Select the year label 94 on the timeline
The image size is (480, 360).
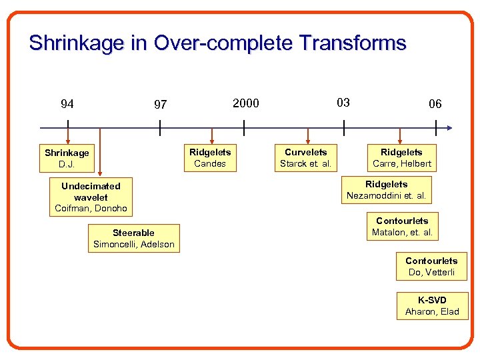point(67,103)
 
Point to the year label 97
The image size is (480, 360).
point(160,105)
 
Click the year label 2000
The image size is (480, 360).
point(245,103)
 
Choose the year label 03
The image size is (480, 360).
point(343,102)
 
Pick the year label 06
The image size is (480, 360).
point(435,104)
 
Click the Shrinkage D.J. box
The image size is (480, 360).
point(67,158)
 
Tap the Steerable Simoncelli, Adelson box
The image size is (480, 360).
point(133,239)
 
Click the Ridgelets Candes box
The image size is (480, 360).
point(210,158)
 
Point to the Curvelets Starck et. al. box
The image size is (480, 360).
point(305,158)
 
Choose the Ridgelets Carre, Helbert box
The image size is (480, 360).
point(402,158)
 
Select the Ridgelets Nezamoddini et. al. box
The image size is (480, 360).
point(387,190)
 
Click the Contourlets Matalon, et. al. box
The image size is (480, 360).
point(402,227)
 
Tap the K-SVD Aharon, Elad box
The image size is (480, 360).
point(432,306)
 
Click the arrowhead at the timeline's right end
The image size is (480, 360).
point(449,127)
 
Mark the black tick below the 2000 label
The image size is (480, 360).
point(244,127)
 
